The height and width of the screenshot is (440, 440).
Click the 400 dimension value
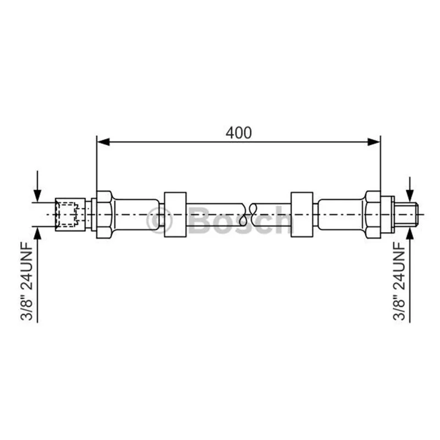pyautogui.click(x=239, y=133)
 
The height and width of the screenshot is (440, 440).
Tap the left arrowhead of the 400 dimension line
pyautogui.click(x=103, y=142)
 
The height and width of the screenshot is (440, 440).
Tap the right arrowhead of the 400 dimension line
pyautogui.click(x=374, y=142)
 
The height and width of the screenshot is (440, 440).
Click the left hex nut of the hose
pyautogui.click(x=105, y=215)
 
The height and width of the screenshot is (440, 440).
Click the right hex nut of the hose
pyautogui.click(x=373, y=215)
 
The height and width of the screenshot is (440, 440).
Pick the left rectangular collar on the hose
pyautogui.click(x=175, y=215)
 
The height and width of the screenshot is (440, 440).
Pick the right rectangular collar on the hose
pyautogui.click(x=302, y=215)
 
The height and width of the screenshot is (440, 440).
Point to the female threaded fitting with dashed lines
pyautogui.click(x=70, y=215)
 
